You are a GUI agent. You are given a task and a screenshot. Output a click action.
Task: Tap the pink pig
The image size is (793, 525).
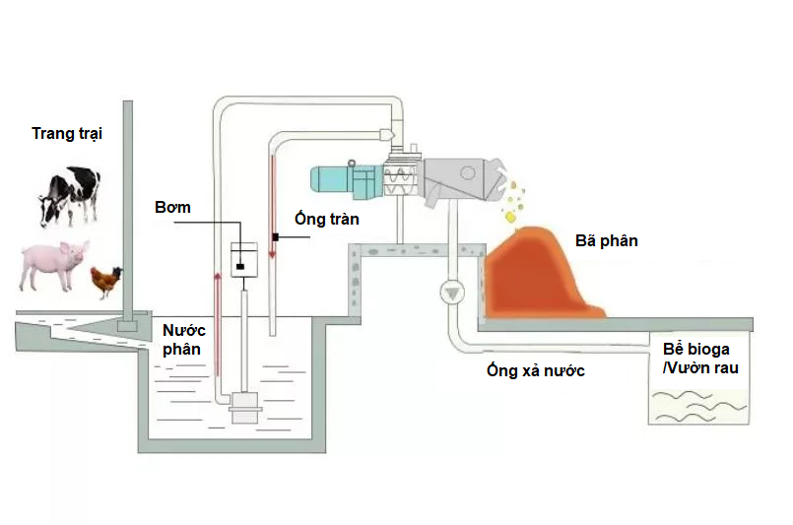tap(54, 264)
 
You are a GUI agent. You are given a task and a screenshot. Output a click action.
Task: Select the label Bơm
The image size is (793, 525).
tap(172, 208)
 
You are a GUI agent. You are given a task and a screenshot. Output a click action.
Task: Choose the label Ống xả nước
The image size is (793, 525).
tap(536, 370)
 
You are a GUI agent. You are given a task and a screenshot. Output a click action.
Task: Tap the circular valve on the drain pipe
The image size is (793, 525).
tap(452, 292)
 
